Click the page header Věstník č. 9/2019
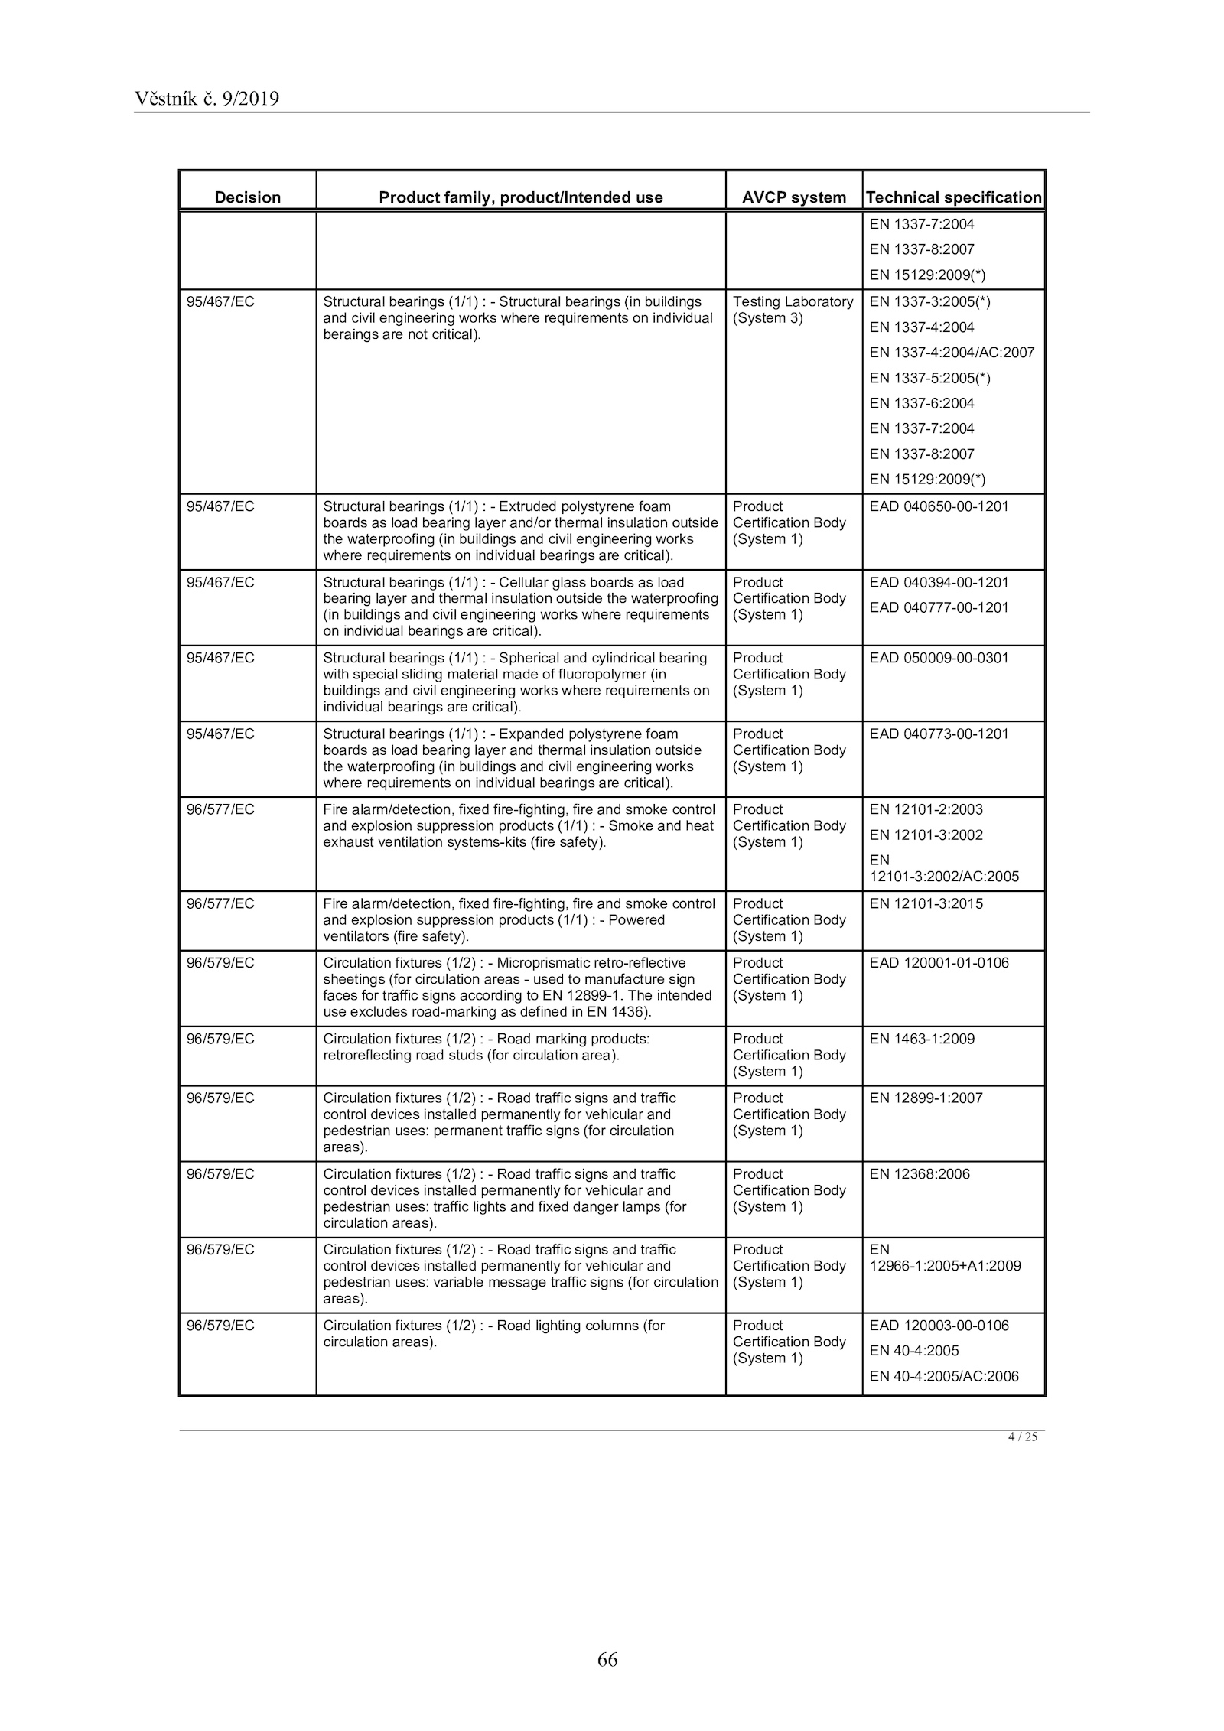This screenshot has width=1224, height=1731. (207, 99)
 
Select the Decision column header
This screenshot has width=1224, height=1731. (247, 197)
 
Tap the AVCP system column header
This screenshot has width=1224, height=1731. (794, 197)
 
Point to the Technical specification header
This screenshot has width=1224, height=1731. (954, 197)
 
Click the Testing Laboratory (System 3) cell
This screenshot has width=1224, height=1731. (793, 310)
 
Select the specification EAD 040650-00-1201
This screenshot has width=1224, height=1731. (939, 506)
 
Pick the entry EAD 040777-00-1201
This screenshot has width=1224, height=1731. (939, 607)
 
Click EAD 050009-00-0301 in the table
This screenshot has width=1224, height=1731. (939, 658)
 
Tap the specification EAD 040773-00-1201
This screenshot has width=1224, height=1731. (939, 734)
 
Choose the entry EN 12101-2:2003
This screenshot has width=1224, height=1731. (926, 809)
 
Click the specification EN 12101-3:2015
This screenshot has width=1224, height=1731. (926, 903)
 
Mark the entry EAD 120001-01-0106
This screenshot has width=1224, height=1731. (939, 963)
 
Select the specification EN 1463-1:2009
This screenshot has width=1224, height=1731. (922, 1039)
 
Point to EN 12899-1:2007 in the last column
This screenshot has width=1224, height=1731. (926, 1098)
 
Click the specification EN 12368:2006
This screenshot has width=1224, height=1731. (920, 1174)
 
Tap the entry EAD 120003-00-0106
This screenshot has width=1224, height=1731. (939, 1326)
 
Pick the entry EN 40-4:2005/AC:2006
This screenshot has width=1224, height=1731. (944, 1376)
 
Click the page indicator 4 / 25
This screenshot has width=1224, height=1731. (1022, 1437)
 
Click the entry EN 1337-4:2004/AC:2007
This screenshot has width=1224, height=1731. (952, 353)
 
